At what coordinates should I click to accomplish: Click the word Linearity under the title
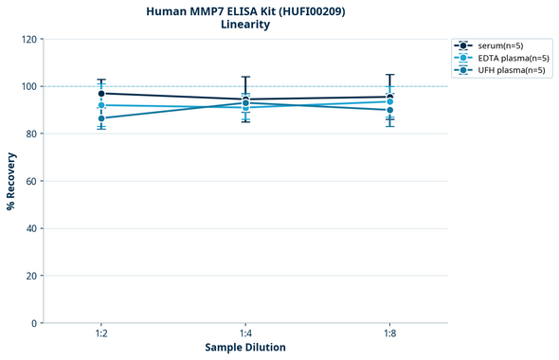pos(245,25)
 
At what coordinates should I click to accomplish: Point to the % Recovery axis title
pos(11,180)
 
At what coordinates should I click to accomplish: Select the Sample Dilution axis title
pos(245,348)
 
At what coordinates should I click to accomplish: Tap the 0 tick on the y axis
pos(33,323)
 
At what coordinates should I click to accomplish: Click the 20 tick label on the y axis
pos(30,276)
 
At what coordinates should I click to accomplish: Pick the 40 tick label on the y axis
pos(30,228)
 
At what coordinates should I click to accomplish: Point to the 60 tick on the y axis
pos(30,181)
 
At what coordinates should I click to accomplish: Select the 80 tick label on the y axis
pos(30,134)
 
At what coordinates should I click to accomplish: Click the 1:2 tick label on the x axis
pos(101,333)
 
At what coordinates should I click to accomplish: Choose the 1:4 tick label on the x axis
pos(245,333)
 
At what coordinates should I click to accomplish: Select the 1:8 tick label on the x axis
pos(389,333)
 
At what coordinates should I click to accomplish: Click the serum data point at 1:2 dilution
pos(101,93)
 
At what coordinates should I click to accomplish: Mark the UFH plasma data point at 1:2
pos(101,118)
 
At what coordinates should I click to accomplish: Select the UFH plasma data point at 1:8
pos(389,110)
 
